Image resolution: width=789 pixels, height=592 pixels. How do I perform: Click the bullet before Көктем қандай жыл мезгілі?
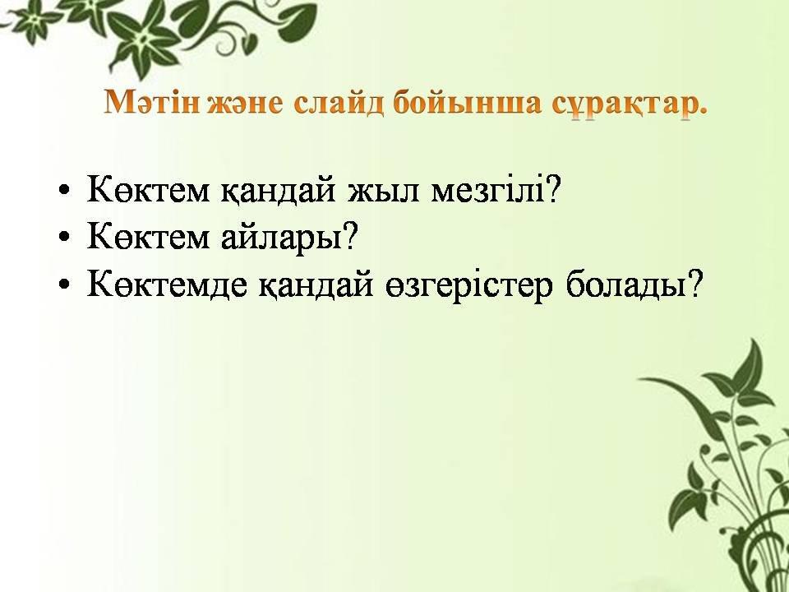point(64,192)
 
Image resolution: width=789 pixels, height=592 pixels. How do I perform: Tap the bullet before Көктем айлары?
point(64,237)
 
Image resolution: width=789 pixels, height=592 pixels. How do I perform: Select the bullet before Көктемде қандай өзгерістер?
point(64,284)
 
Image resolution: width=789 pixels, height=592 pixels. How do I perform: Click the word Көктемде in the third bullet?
point(167,284)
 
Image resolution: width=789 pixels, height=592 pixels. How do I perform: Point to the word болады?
point(626,284)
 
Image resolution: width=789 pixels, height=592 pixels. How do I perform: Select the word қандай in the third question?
point(316,284)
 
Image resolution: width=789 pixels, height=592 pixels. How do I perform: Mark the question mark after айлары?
point(351,236)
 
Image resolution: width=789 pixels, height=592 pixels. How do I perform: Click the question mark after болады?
point(694,283)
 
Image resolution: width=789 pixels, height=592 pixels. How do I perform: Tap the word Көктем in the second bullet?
point(149,236)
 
